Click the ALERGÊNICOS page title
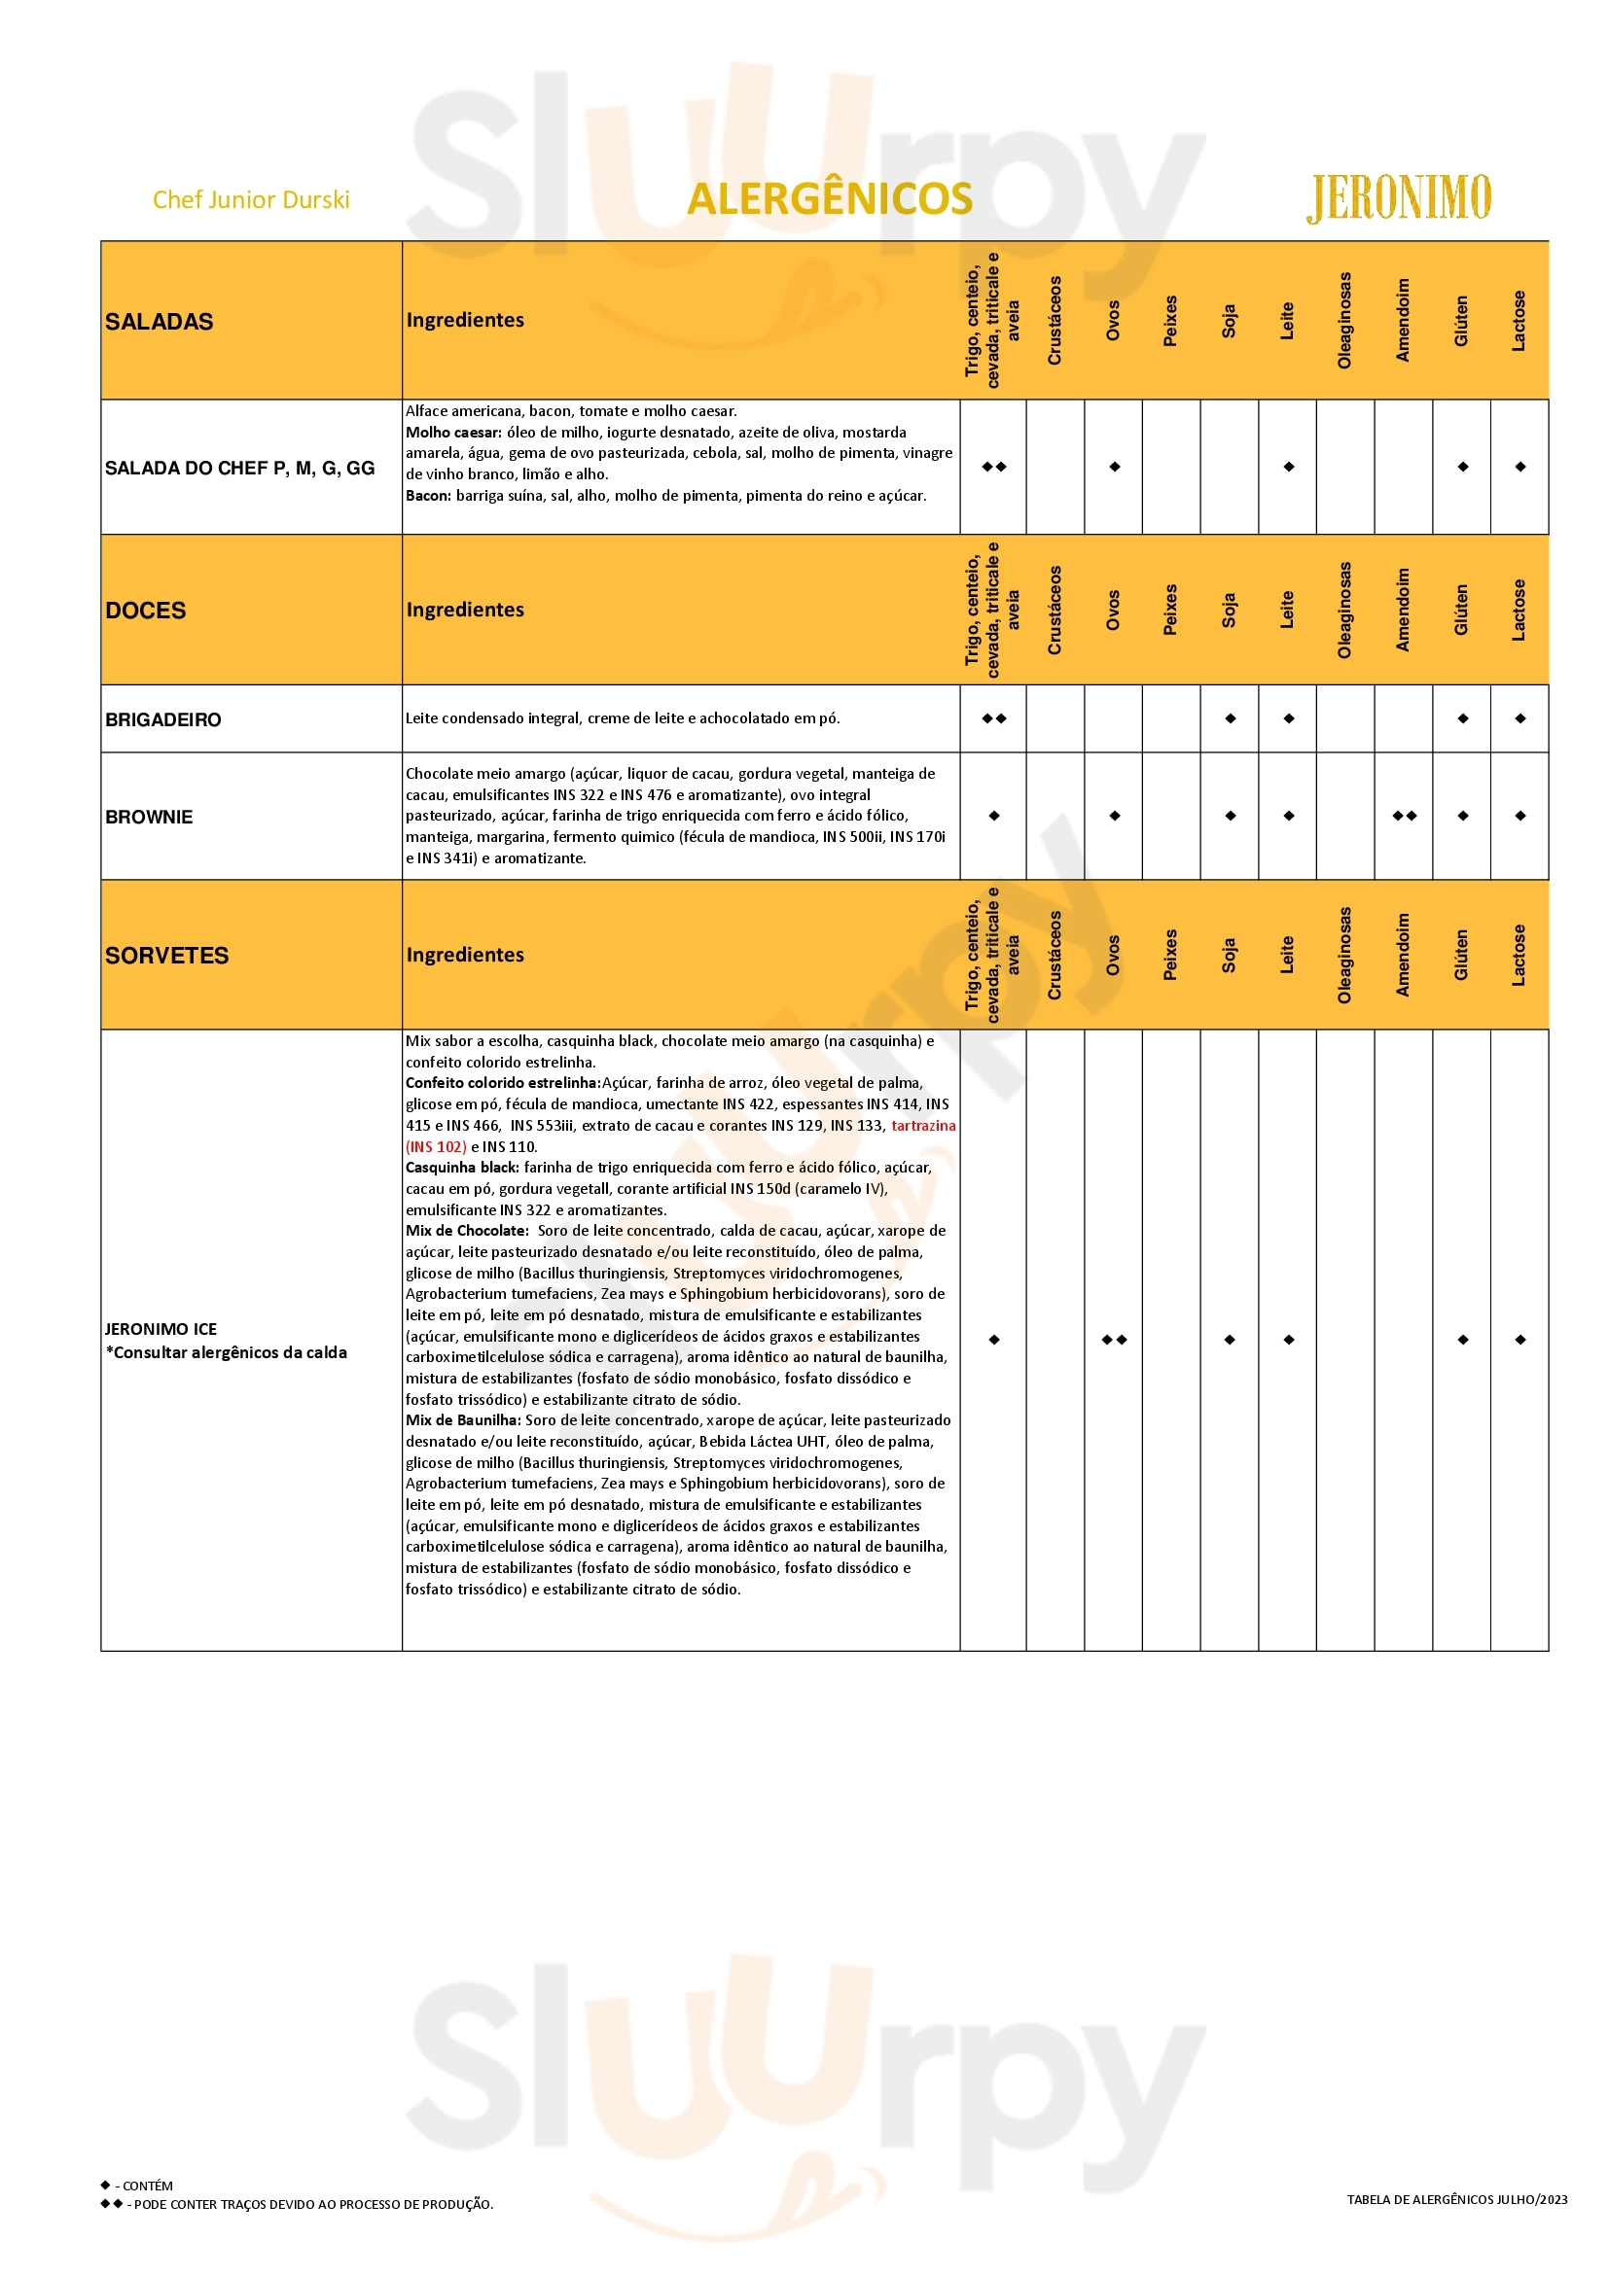[829, 199]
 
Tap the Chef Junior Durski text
[251, 200]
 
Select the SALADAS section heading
[159, 322]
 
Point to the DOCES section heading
[146, 611]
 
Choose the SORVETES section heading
[166, 956]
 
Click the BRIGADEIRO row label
[162, 720]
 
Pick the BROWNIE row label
[149, 817]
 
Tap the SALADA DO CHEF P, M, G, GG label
[239, 469]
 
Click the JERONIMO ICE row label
[161, 1329]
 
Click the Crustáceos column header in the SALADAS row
[1055, 320]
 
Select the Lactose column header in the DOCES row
[1519, 611]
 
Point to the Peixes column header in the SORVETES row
[1171, 955]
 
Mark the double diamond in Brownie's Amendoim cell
[1404, 816]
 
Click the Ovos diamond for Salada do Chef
[1115, 467]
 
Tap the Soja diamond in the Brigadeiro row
[1230, 719]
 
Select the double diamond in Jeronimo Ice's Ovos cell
[1115, 1340]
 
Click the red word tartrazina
[922, 1126]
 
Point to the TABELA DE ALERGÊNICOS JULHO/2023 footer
[1456, 2227]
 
